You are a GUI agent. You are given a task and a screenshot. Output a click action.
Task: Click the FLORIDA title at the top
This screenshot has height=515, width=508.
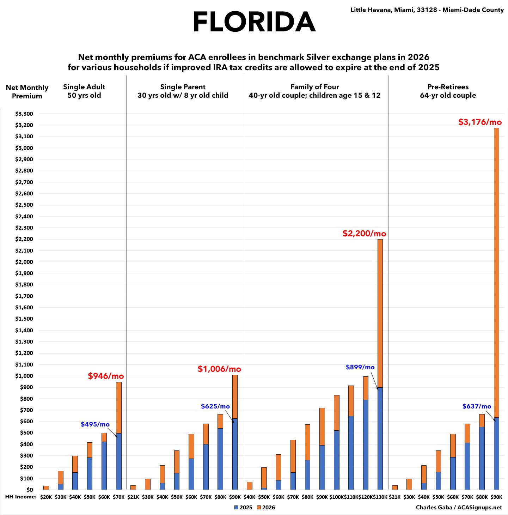coord(254,22)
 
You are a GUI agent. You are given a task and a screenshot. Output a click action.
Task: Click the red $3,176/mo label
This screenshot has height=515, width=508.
coord(480,122)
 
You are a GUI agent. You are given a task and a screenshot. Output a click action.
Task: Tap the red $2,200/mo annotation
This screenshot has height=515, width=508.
coord(364,234)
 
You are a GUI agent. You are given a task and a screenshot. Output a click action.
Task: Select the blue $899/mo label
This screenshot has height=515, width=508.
coord(360,367)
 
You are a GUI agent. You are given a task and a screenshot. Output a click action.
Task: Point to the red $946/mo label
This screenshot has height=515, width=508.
coord(106,376)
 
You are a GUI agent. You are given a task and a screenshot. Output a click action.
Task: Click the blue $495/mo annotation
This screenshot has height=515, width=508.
coord(95,424)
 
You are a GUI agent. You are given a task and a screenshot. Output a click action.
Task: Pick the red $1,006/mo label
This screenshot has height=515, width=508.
coord(219,369)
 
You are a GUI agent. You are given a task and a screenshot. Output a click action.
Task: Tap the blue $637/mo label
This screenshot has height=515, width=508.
coord(477,406)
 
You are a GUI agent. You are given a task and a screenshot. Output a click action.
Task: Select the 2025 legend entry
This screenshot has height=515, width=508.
coord(243,508)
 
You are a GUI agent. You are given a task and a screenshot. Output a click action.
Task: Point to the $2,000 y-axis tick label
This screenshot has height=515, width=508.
coord(24,262)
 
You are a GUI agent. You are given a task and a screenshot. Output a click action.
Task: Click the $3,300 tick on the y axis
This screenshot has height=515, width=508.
coord(24,114)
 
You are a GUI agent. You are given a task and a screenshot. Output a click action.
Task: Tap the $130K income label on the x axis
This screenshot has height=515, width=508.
coord(380,497)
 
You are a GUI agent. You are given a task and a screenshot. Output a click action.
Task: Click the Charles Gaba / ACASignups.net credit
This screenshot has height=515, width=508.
coord(458,508)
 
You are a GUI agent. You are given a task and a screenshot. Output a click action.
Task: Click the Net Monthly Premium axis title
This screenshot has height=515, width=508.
coord(27,92)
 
